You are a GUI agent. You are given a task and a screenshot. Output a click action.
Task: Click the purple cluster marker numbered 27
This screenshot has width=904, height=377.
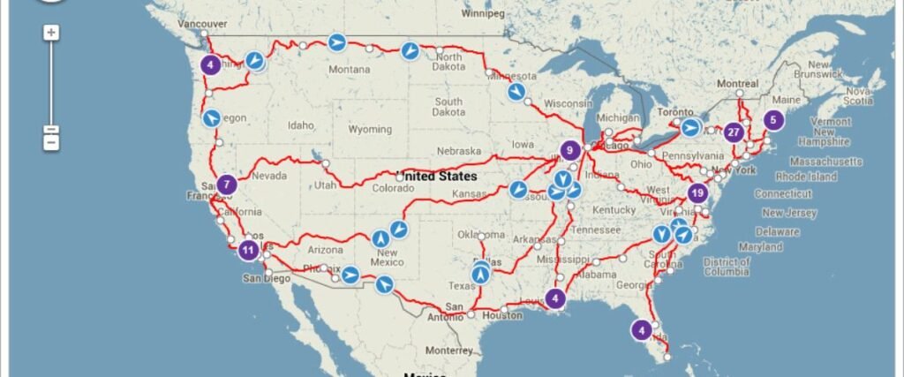[734, 132]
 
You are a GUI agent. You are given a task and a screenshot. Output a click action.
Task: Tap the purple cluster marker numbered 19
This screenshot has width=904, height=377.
[698, 193]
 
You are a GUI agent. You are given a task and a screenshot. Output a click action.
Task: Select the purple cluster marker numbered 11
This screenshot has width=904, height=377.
[249, 250]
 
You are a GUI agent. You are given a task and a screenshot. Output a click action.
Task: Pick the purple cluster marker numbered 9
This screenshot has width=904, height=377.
[570, 150]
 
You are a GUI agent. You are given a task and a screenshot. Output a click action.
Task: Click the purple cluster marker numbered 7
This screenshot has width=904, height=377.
[227, 185]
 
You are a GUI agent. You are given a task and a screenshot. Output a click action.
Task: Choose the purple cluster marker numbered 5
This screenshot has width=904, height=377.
[773, 120]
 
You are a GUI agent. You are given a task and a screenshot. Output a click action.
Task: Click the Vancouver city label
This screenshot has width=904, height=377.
[202, 24]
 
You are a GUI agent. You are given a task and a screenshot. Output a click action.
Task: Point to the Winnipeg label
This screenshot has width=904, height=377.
[481, 15]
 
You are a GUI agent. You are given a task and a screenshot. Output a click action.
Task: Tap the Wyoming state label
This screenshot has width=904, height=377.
[370, 130]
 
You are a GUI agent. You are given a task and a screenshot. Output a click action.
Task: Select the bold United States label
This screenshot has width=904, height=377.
[437, 176]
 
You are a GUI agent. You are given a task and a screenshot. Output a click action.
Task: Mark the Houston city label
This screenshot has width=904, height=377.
[504, 315]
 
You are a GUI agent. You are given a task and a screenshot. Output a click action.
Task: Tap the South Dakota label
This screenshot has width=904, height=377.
[448, 107]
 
